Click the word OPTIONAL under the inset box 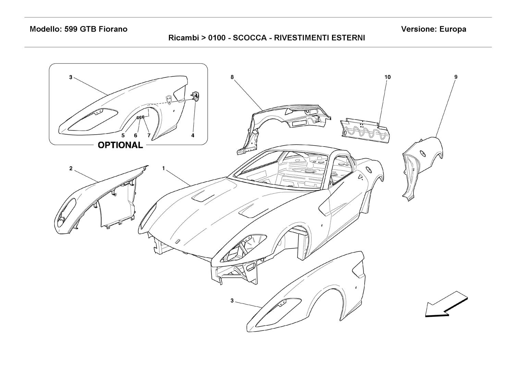[120, 145]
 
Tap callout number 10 [387, 77]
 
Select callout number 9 [456, 77]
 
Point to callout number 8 [232, 77]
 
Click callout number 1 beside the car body [163, 169]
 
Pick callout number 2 [71, 169]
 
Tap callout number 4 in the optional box [193, 136]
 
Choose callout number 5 [123, 136]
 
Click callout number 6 [136, 136]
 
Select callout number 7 [149, 136]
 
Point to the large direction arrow [446, 304]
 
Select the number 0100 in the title [217, 38]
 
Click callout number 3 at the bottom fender [232, 300]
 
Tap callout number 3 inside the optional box [71, 77]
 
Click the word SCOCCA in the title [250, 38]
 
